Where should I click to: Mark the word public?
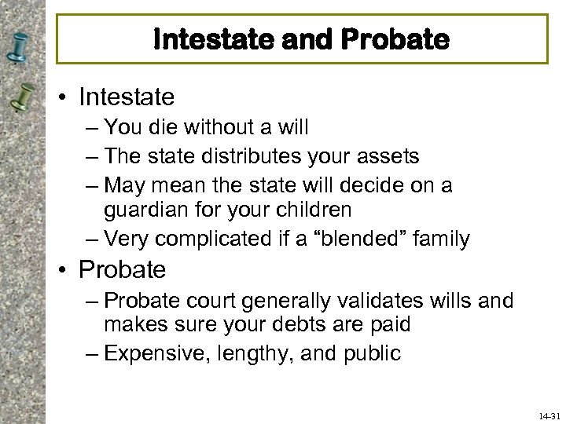click(x=374, y=354)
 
